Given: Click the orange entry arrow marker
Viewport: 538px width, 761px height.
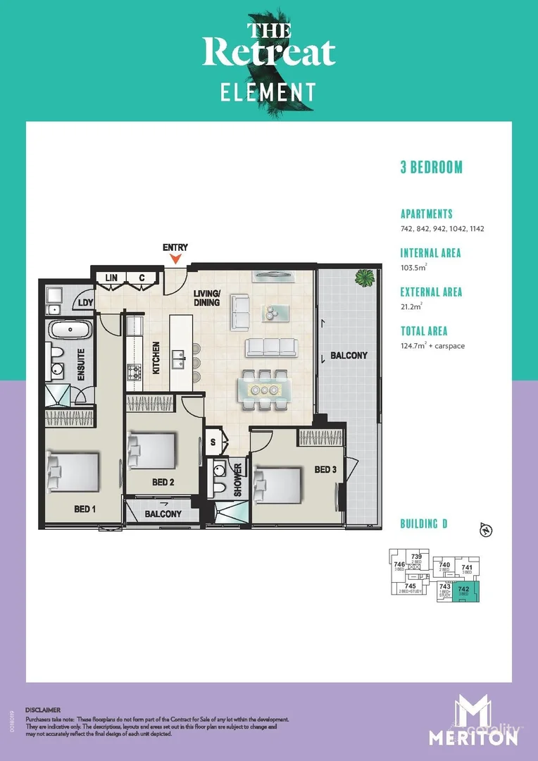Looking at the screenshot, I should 175,260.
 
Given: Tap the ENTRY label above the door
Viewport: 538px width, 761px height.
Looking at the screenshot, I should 175,248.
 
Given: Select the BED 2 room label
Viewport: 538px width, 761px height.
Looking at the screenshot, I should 163,482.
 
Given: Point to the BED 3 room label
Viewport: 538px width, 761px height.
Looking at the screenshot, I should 326,469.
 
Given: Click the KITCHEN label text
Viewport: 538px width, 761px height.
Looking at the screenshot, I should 155,358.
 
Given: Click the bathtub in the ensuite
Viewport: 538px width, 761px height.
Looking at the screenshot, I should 69,330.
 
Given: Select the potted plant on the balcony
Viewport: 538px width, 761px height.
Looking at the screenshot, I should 365,278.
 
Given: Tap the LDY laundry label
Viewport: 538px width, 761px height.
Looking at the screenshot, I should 85,303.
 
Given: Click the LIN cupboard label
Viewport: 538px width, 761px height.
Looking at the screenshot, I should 111,278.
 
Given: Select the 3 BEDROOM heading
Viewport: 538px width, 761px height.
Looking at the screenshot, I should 431,168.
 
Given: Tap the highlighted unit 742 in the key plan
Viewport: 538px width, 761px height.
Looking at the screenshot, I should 463,591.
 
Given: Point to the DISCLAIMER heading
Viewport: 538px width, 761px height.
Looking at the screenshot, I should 43,710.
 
